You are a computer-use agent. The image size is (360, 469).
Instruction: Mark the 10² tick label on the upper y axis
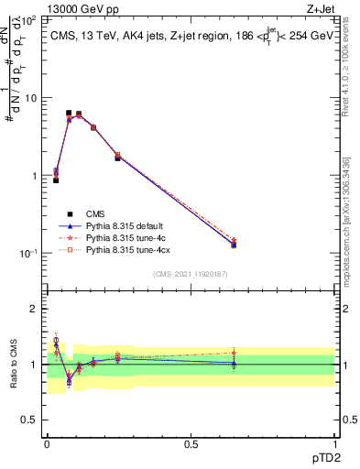[30, 19]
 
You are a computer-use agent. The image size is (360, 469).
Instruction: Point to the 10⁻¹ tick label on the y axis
[30, 254]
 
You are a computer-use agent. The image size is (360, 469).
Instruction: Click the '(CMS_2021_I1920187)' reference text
[190, 275]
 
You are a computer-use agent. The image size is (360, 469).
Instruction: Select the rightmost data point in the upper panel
[234, 244]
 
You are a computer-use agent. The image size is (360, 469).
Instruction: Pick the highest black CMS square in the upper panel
[69, 113]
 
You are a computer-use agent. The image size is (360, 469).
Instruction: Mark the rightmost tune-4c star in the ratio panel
[234, 353]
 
